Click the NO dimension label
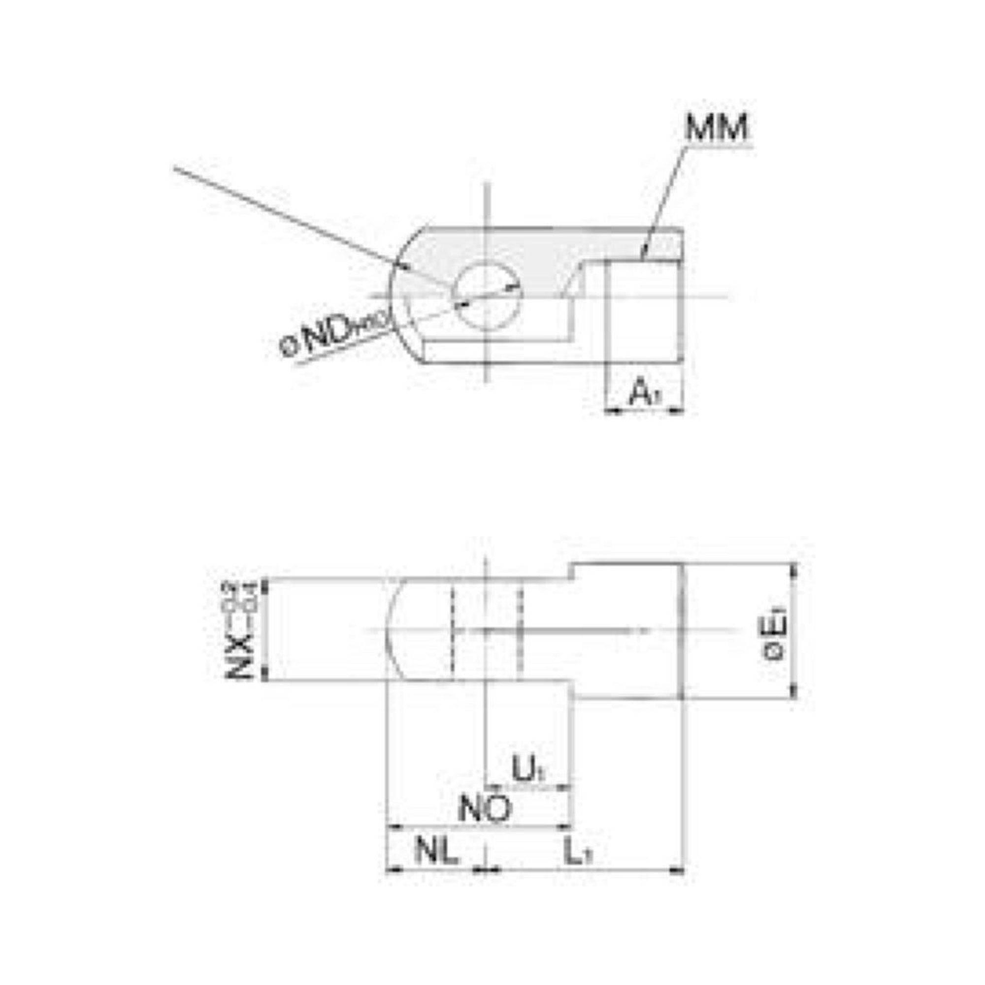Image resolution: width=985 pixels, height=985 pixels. pos(484,809)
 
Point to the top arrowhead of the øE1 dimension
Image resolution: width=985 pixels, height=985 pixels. pos(793,571)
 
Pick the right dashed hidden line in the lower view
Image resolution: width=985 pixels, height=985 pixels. pos(520,632)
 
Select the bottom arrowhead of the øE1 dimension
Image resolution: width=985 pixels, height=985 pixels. pos(793,693)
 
